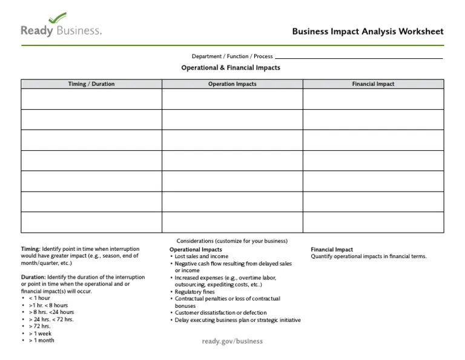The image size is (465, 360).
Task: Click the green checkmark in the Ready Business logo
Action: point(57,18)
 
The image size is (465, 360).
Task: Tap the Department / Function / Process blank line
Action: point(358,57)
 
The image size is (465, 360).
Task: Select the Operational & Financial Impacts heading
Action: point(231,68)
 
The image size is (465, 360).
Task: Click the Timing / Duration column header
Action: point(91,84)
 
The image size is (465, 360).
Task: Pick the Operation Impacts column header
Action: point(232,84)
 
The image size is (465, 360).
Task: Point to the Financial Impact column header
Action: point(373,84)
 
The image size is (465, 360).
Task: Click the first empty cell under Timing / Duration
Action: point(91,99)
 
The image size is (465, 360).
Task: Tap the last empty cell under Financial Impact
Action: point(373,222)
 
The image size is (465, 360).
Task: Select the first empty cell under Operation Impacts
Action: point(232,99)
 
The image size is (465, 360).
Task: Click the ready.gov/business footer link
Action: point(232,341)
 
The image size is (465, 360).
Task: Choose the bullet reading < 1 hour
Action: point(39,298)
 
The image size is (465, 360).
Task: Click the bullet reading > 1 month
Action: point(41,341)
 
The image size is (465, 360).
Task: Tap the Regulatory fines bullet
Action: point(194,292)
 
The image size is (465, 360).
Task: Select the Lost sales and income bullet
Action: point(202,256)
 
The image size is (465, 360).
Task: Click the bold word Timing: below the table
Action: point(31,249)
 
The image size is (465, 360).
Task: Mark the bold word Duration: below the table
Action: point(33,277)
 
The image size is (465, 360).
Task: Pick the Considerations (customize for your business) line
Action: point(232,241)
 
